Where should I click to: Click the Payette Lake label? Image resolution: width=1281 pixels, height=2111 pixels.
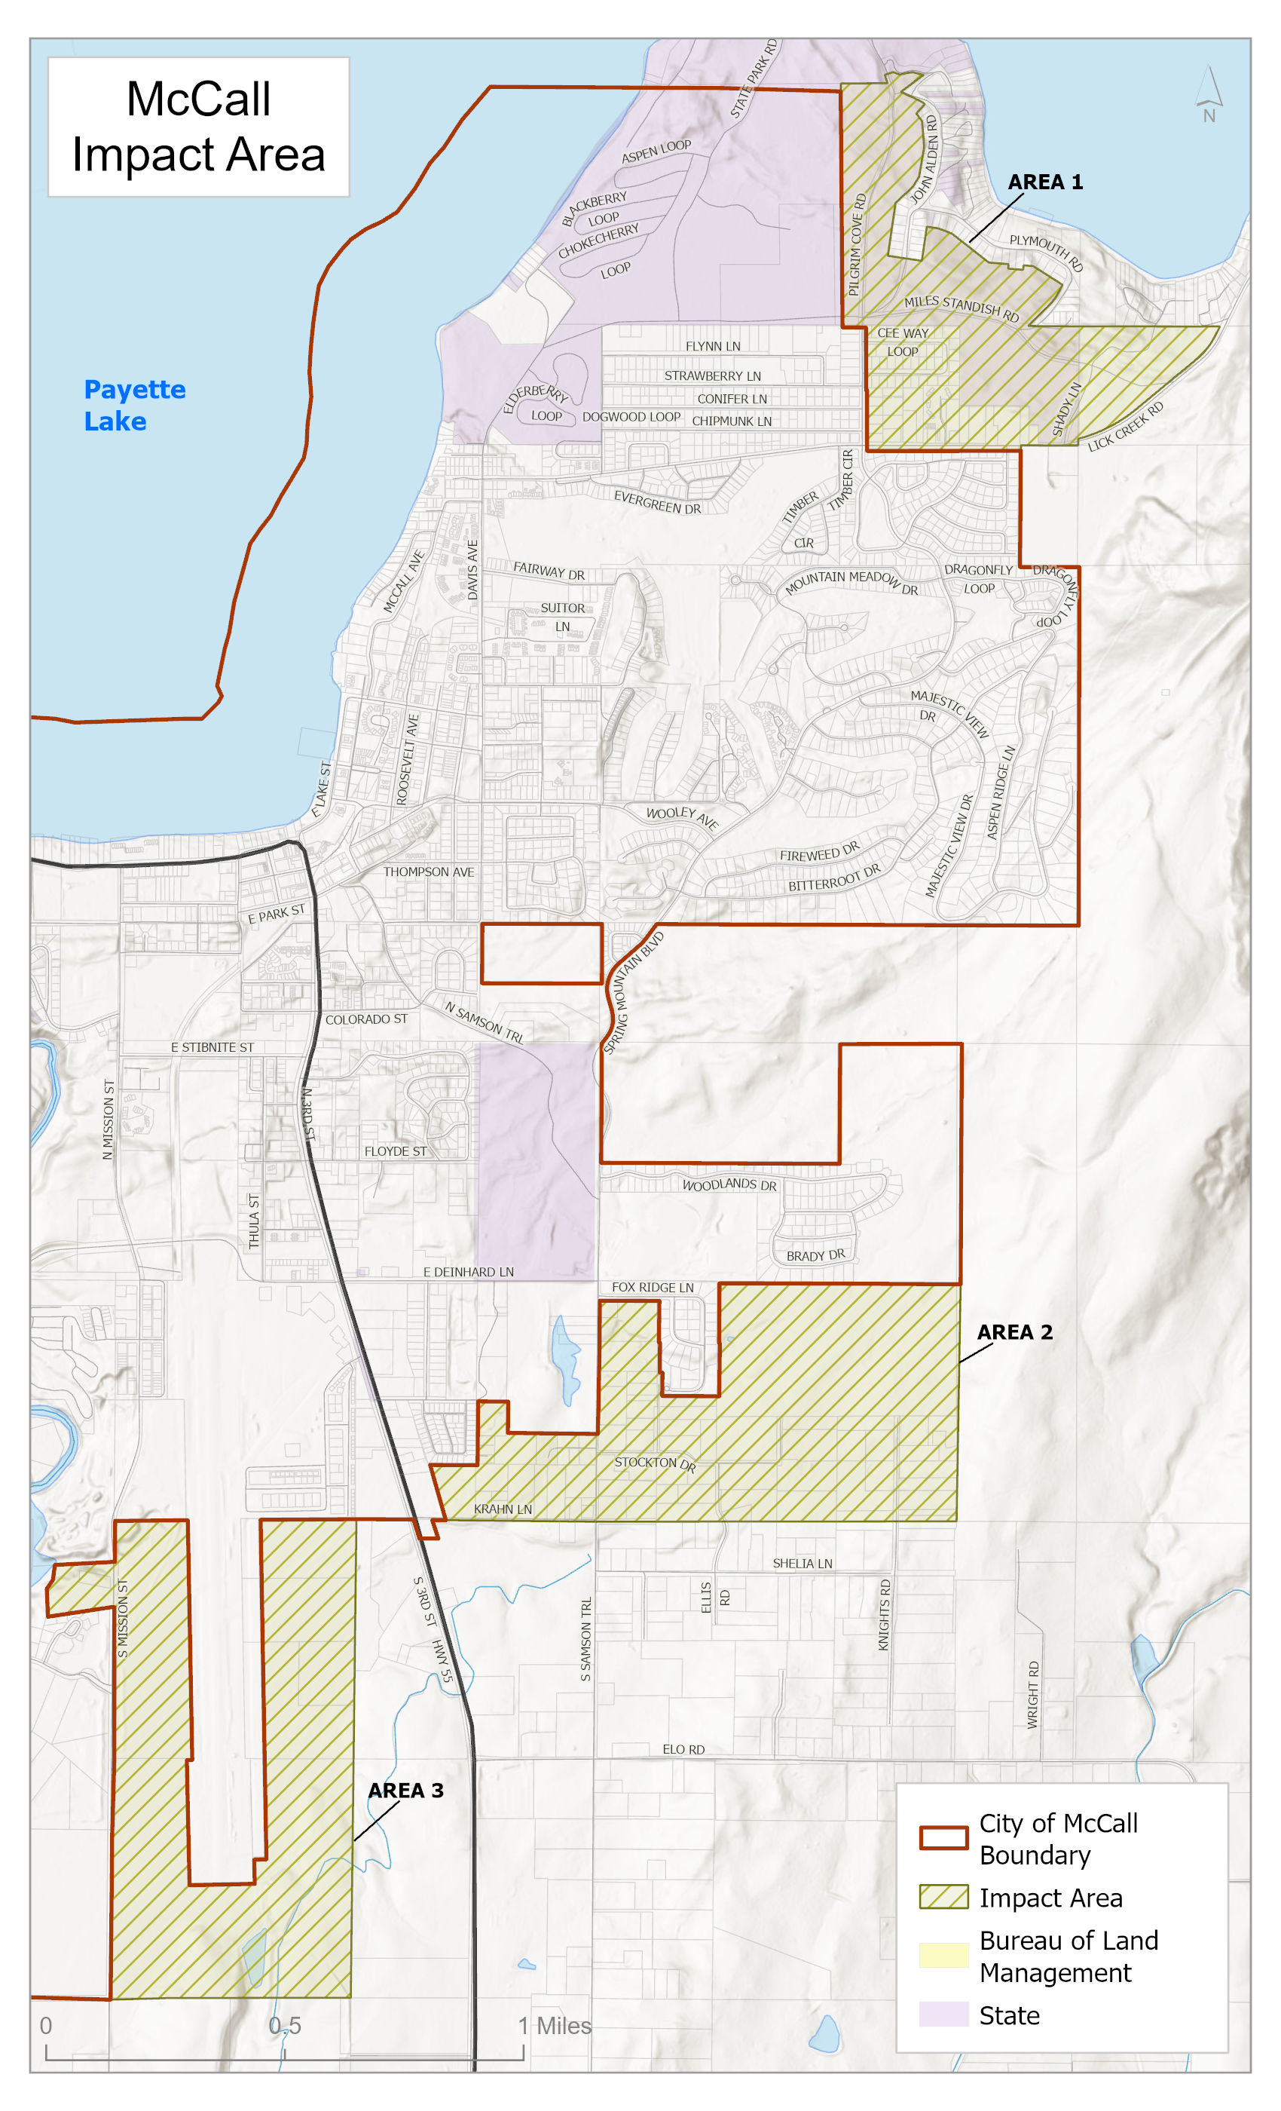[133, 406]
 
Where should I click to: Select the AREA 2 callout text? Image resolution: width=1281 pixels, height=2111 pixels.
[1015, 1332]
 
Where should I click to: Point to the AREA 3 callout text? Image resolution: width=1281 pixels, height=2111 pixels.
[406, 1791]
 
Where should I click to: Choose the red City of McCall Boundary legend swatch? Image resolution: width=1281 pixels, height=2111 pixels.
[943, 1839]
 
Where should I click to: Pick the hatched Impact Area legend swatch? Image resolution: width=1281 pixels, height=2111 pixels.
[943, 1897]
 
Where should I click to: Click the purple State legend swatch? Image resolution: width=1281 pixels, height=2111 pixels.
[943, 2014]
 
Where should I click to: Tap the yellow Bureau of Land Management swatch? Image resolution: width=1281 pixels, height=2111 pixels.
[943, 1956]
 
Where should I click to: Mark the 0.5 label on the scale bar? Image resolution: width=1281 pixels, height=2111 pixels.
[285, 2027]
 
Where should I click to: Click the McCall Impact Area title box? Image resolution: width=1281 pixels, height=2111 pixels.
[199, 127]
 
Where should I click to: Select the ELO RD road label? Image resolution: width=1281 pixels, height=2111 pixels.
[683, 1749]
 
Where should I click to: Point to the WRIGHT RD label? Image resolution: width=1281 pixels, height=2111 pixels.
[1032, 1695]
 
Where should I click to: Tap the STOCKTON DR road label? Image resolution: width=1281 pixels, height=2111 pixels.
[655, 1463]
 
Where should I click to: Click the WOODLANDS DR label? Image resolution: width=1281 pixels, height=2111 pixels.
[729, 1185]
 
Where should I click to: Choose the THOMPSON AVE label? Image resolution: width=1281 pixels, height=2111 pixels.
[428, 872]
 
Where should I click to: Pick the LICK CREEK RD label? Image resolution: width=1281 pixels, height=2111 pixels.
[1125, 427]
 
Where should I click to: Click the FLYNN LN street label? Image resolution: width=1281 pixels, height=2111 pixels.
[712, 346]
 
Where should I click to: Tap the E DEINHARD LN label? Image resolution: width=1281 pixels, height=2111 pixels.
[469, 1273]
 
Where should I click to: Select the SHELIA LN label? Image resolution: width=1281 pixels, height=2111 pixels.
[803, 1564]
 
